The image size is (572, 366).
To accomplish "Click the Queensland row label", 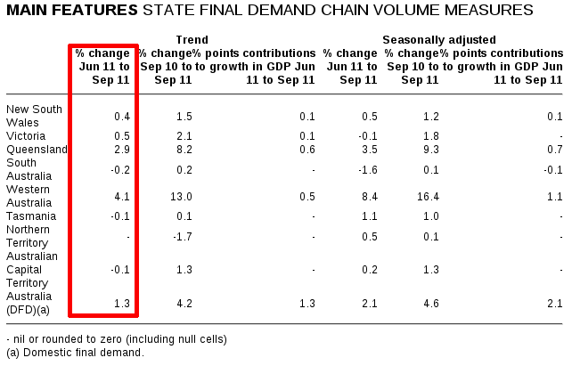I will (x=37, y=150).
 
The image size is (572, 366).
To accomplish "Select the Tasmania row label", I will (x=31, y=216).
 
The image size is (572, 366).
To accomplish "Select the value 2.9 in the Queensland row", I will (x=124, y=150).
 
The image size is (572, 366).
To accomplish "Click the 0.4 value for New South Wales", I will (x=124, y=117).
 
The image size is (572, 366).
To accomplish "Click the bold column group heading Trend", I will (x=192, y=40).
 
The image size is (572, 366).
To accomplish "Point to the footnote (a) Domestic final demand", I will (x=75, y=353).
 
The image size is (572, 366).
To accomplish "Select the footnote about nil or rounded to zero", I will (x=117, y=339).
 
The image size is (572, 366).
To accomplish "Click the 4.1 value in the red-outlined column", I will (x=124, y=197).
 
